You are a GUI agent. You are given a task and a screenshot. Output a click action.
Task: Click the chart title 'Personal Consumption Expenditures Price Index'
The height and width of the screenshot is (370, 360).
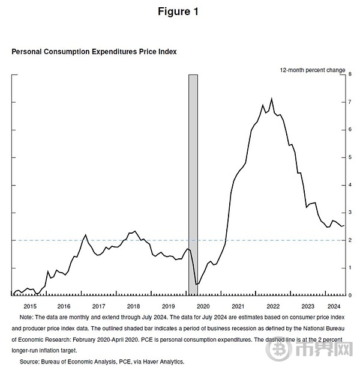coord(94,52)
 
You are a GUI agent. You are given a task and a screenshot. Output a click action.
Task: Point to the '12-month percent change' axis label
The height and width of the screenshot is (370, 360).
coord(312,70)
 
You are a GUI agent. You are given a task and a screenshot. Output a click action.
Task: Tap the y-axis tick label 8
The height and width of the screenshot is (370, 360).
coord(350,74)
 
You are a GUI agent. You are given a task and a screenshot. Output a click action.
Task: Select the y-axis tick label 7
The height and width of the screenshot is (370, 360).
coord(350,102)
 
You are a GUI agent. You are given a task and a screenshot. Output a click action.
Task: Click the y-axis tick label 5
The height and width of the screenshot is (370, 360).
coord(350,157)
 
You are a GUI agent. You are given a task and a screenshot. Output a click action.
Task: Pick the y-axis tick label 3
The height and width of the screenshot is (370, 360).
coord(350,213)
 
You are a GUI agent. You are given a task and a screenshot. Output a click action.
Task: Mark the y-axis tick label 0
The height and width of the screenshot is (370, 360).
coord(350,296)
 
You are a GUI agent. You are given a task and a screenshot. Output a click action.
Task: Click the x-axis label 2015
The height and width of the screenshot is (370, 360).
coord(30,306)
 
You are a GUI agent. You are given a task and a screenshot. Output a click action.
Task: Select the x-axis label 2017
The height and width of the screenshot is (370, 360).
coord(98,306)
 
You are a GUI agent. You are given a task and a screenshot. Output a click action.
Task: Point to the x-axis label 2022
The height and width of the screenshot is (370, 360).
coord(271,306)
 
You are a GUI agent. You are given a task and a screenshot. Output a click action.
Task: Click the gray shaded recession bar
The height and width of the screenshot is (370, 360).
coord(193,180)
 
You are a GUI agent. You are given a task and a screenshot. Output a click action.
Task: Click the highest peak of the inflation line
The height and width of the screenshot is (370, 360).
coord(272,99)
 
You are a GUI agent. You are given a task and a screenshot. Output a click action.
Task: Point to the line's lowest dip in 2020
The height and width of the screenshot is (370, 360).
coord(196,284)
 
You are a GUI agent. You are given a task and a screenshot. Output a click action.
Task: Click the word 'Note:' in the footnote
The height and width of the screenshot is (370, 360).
coord(26,316)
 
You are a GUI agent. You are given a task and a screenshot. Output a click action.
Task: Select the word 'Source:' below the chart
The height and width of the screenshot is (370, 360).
coord(30,362)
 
